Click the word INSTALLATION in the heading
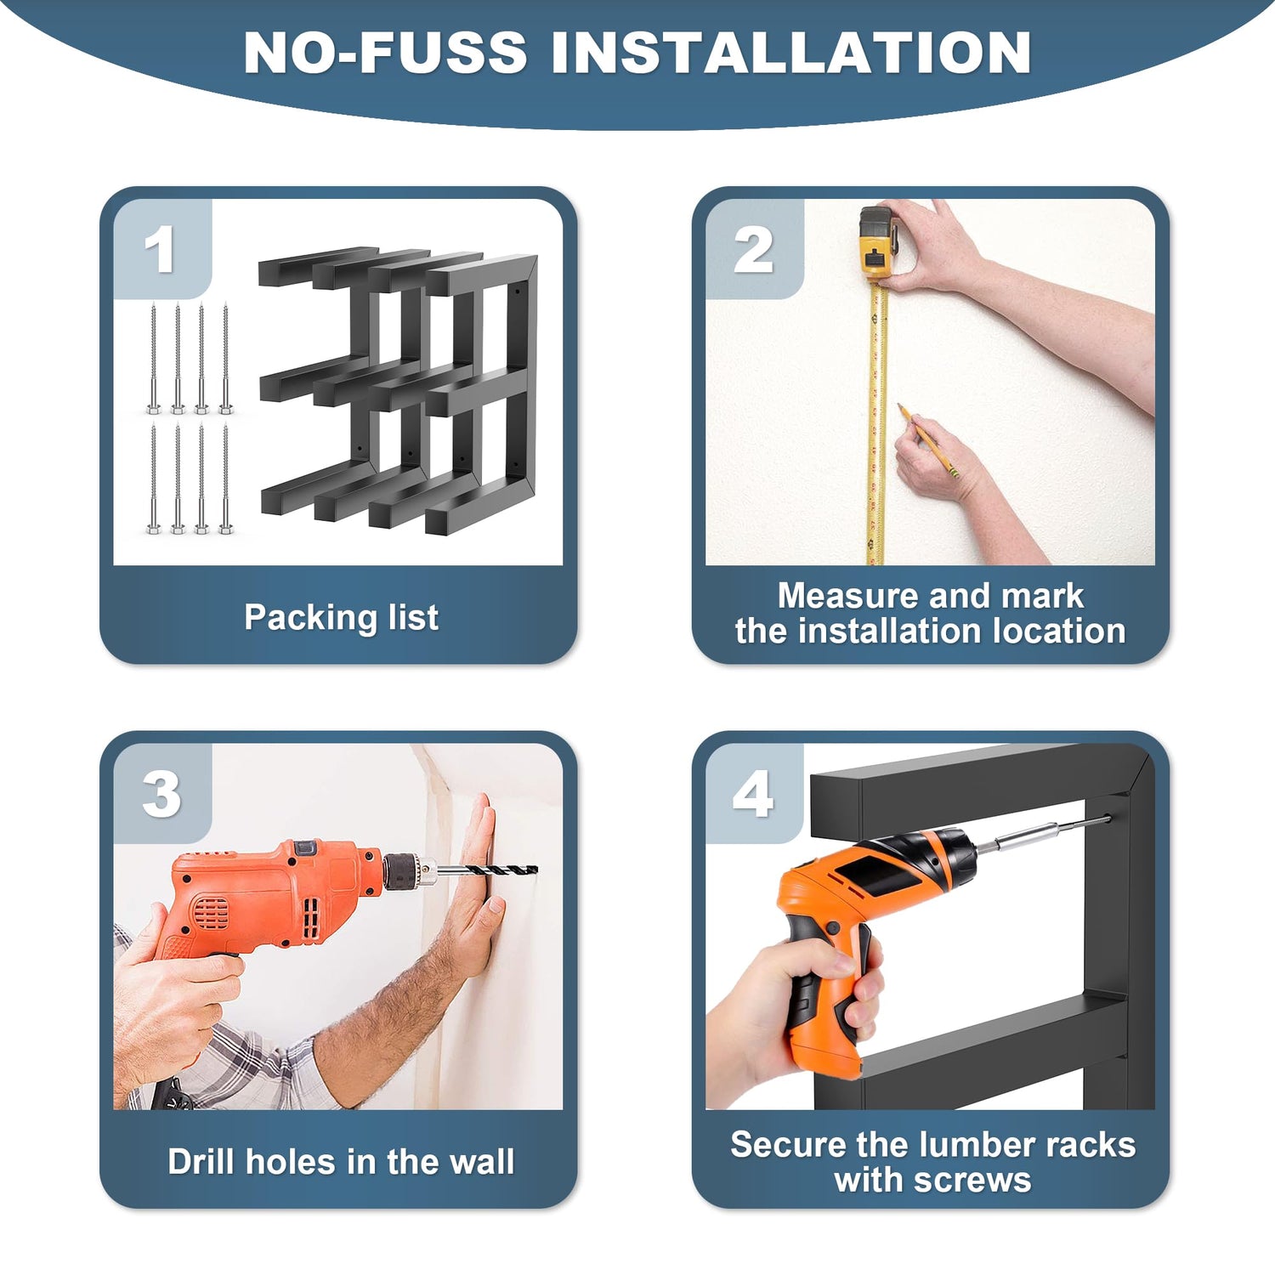click(x=791, y=53)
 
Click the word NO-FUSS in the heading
click(x=385, y=53)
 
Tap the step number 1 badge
click(x=161, y=249)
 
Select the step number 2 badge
click(x=755, y=249)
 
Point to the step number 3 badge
click(x=161, y=794)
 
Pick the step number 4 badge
click(x=755, y=794)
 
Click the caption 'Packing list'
click(x=341, y=618)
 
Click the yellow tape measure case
click(x=878, y=241)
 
